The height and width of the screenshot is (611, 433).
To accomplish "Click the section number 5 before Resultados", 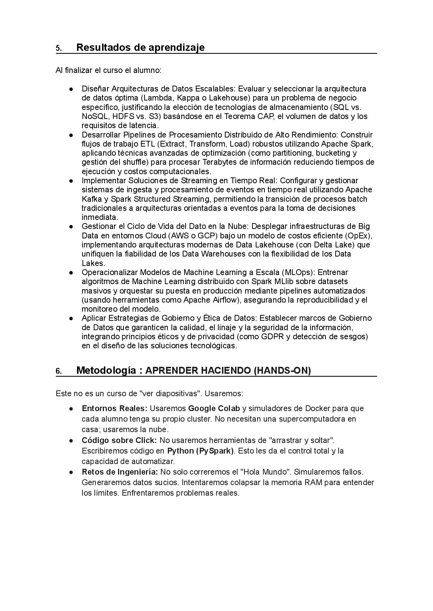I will click(x=58, y=49).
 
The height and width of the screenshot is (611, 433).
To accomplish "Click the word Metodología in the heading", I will click(x=106, y=370).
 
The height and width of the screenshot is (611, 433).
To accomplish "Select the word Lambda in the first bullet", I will click(x=155, y=98).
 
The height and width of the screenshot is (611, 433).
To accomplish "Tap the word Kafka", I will click(x=90, y=199).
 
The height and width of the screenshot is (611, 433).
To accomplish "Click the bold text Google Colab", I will click(x=214, y=408).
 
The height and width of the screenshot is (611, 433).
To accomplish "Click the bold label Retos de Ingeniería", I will click(x=120, y=472).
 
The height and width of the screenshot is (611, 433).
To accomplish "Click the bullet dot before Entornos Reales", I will click(x=73, y=409).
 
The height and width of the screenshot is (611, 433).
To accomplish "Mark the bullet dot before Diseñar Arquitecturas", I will click(x=73, y=89).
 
